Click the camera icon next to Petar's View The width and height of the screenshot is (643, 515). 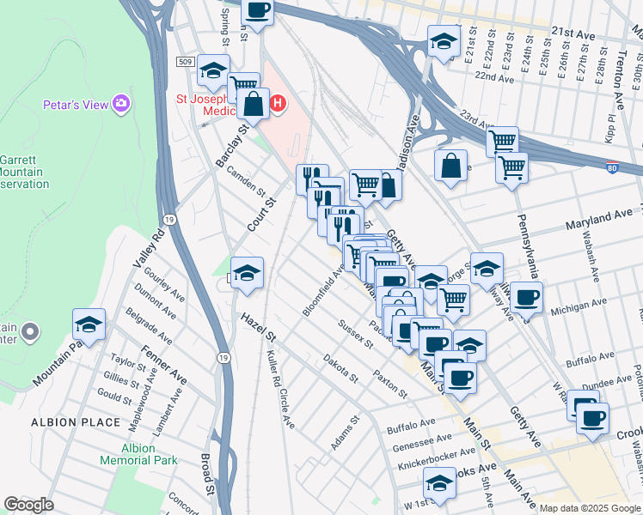(122, 105)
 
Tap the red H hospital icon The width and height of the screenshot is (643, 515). (278, 105)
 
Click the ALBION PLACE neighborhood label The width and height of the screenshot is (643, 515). (72, 422)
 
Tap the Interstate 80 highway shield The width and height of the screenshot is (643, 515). (610, 167)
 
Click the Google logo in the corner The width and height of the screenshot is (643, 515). (28, 505)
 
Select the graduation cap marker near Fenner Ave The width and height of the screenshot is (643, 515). (89, 324)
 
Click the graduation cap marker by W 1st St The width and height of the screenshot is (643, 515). (440, 484)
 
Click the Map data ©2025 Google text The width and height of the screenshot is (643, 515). (591, 507)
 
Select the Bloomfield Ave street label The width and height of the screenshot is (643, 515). (323, 290)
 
